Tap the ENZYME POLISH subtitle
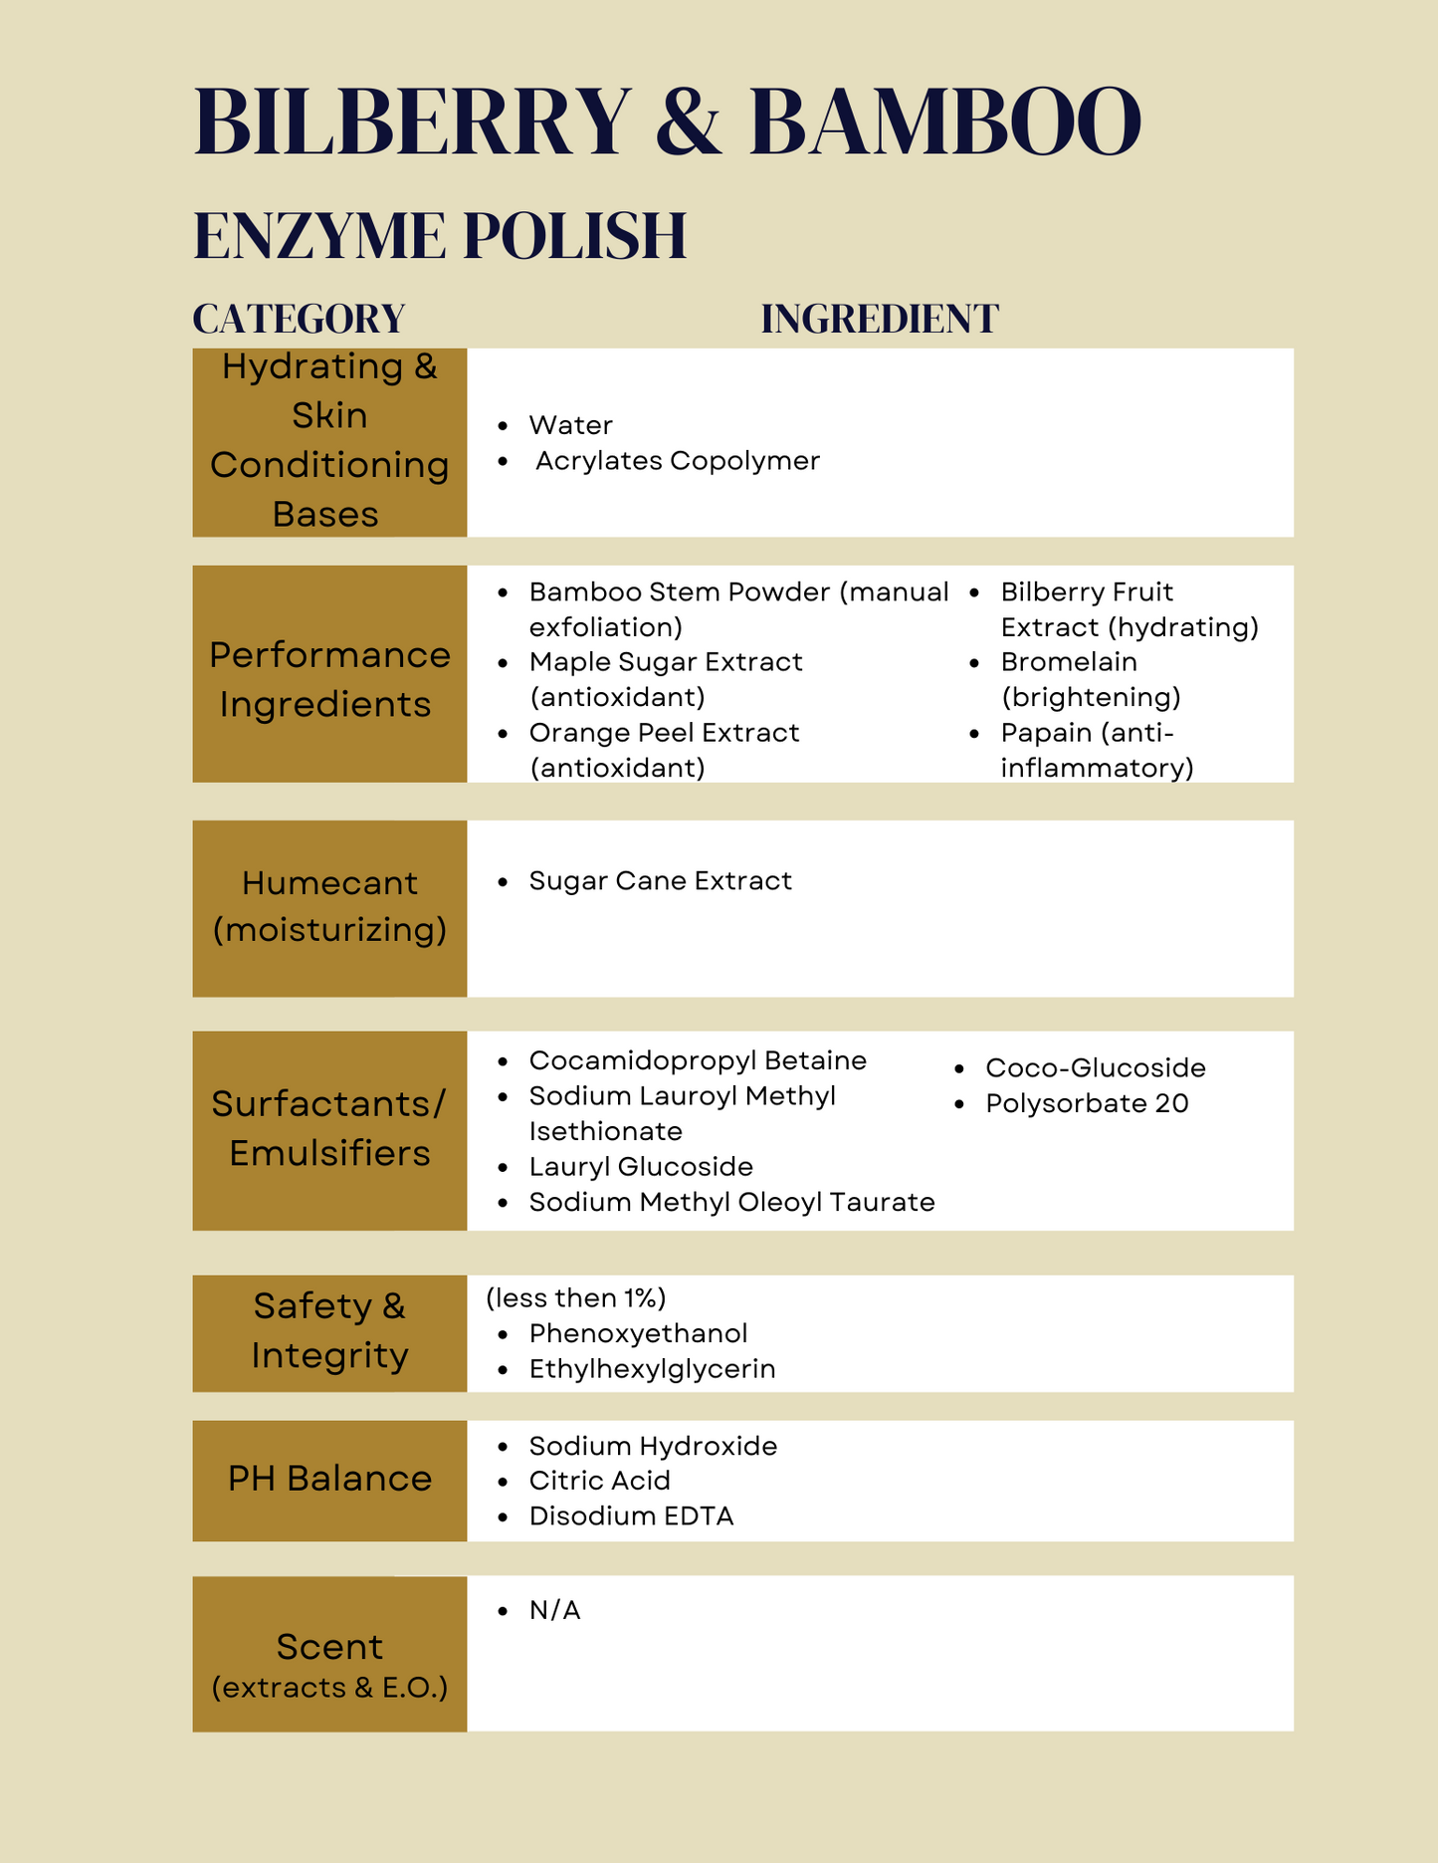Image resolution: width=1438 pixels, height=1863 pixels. (x=440, y=236)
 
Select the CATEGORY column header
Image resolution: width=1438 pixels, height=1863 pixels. (x=299, y=320)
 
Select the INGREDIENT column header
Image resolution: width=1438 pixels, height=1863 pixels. (x=880, y=320)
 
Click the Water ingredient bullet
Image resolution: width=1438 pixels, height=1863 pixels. (x=570, y=425)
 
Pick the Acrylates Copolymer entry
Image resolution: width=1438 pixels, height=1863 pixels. (x=677, y=461)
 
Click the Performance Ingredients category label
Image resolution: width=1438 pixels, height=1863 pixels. (x=329, y=679)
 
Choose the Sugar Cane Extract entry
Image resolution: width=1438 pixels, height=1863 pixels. (x=660, y=881)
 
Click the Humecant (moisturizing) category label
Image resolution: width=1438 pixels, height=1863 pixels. (x=329, y=906)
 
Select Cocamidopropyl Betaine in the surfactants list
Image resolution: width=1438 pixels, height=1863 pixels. (x=697, y=1060)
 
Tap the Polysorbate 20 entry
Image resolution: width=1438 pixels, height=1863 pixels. (x=1087, y=1103)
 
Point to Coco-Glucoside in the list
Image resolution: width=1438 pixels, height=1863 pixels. (x=1095, y=1068)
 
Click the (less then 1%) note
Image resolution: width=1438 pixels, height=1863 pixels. (x=575, y=1298)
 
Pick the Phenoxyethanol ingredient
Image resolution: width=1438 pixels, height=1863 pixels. (x=638, y=1333)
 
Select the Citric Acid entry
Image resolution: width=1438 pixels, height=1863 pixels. (x=599, y=1481)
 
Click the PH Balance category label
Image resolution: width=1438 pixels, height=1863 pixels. (x=329, y=1480)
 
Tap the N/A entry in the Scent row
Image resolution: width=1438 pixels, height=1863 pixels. (x=554, y=1610)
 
